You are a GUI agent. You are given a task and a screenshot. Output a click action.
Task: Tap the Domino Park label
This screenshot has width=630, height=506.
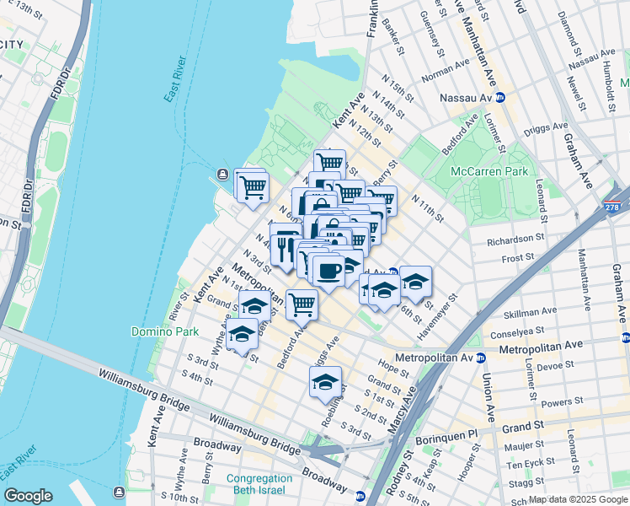(164, 331)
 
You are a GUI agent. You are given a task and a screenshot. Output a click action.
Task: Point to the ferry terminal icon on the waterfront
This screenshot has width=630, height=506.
(222, 175)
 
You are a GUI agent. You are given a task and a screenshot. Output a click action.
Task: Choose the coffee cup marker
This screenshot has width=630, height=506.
(327, 271)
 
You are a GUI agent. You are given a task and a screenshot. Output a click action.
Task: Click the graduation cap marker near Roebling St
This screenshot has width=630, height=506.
(325, 383)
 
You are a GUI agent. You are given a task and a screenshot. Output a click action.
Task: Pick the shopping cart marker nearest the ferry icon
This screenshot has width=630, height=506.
(252, 186)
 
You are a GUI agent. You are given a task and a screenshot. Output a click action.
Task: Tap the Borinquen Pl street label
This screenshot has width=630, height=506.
(448, 433)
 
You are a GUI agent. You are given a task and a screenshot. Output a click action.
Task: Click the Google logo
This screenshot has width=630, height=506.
(29, 495)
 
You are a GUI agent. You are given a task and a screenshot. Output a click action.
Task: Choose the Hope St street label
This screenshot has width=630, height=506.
(393, 367)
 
